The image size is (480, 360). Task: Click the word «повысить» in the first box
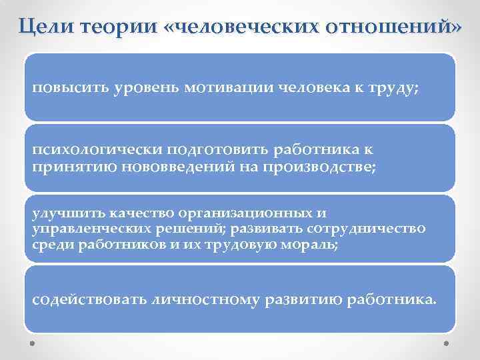pyautogui.click(x=63, y=88)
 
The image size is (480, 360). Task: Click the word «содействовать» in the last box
pyautogui.click(x=82, y=299)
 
